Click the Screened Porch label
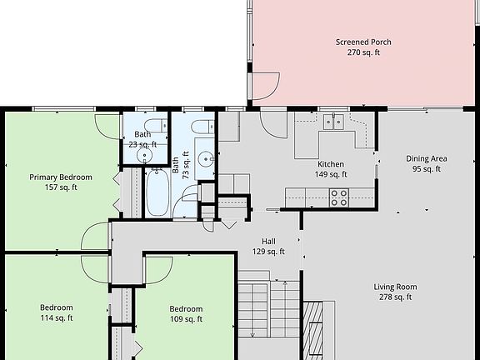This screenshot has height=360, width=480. (363, 42)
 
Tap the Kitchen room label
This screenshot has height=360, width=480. (331, 164)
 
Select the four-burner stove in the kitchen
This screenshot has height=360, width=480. (338, 197)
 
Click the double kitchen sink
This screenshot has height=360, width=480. (335, 122)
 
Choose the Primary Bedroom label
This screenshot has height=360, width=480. (61, 177)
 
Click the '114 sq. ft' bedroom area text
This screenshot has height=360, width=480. (57, 317)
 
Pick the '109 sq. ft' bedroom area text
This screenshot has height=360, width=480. (186, 319)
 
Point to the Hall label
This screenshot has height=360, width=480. (268, 241)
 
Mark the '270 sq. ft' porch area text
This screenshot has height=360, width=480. (363, 52)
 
